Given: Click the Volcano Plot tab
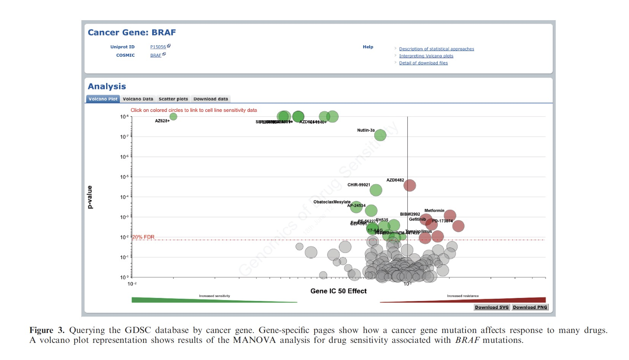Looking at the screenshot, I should [103, 99].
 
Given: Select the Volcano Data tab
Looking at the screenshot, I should [138, 99].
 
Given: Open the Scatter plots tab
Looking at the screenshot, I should [173, 99].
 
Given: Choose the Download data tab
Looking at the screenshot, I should [210, 99].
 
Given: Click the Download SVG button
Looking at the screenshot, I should [491, 307].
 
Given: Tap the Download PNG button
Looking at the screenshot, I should [530, 307].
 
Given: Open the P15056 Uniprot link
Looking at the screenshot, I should [158, 47].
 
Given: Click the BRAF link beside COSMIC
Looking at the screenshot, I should [156, 55].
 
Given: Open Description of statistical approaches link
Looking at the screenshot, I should [436, 49].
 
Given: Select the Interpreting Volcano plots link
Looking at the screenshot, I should [426, 56].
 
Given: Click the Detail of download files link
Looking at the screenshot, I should [423, 63].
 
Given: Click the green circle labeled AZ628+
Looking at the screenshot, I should [173, 116].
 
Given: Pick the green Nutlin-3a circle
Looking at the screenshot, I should [380, 135].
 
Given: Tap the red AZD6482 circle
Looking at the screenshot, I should [410, 185].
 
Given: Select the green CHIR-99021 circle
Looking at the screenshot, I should [376, 190].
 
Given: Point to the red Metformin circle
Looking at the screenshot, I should [450, 215].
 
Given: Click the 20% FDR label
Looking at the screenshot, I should [143, 237].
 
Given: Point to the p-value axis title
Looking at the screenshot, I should [90, 197].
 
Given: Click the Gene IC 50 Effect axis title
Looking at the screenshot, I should [338, 291].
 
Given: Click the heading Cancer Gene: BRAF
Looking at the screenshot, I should [132, 33].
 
